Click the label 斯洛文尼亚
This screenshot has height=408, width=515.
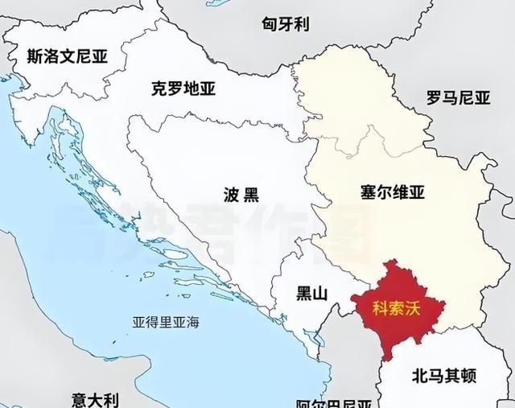click(x=67, y=57)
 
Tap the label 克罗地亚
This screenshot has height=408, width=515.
click(x=183, y=89)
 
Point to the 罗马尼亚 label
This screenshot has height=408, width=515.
click(x=458, y=98)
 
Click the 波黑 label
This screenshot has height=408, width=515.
click(x=241, y=195)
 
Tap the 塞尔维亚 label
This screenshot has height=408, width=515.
click(x=393, y=193)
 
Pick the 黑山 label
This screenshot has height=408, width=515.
click(x=312, y=294)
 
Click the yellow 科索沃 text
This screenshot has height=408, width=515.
click(x=398, y=307)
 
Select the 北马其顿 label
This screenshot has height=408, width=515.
click(x=443, y=376)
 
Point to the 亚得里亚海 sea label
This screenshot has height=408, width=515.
click(x=166, y=322)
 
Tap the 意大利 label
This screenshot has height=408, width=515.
click(x=95, y=399)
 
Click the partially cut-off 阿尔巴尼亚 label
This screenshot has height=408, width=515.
click(x=333, y=403)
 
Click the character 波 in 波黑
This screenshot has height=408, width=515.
click(x=232, y=195)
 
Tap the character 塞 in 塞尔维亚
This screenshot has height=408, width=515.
click(x=369, y=193)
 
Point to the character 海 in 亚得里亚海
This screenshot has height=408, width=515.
click(x=192, y=322)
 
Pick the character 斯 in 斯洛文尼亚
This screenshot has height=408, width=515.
click(x=35, y=57)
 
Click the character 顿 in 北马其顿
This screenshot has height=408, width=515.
click(x=468, y=376)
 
